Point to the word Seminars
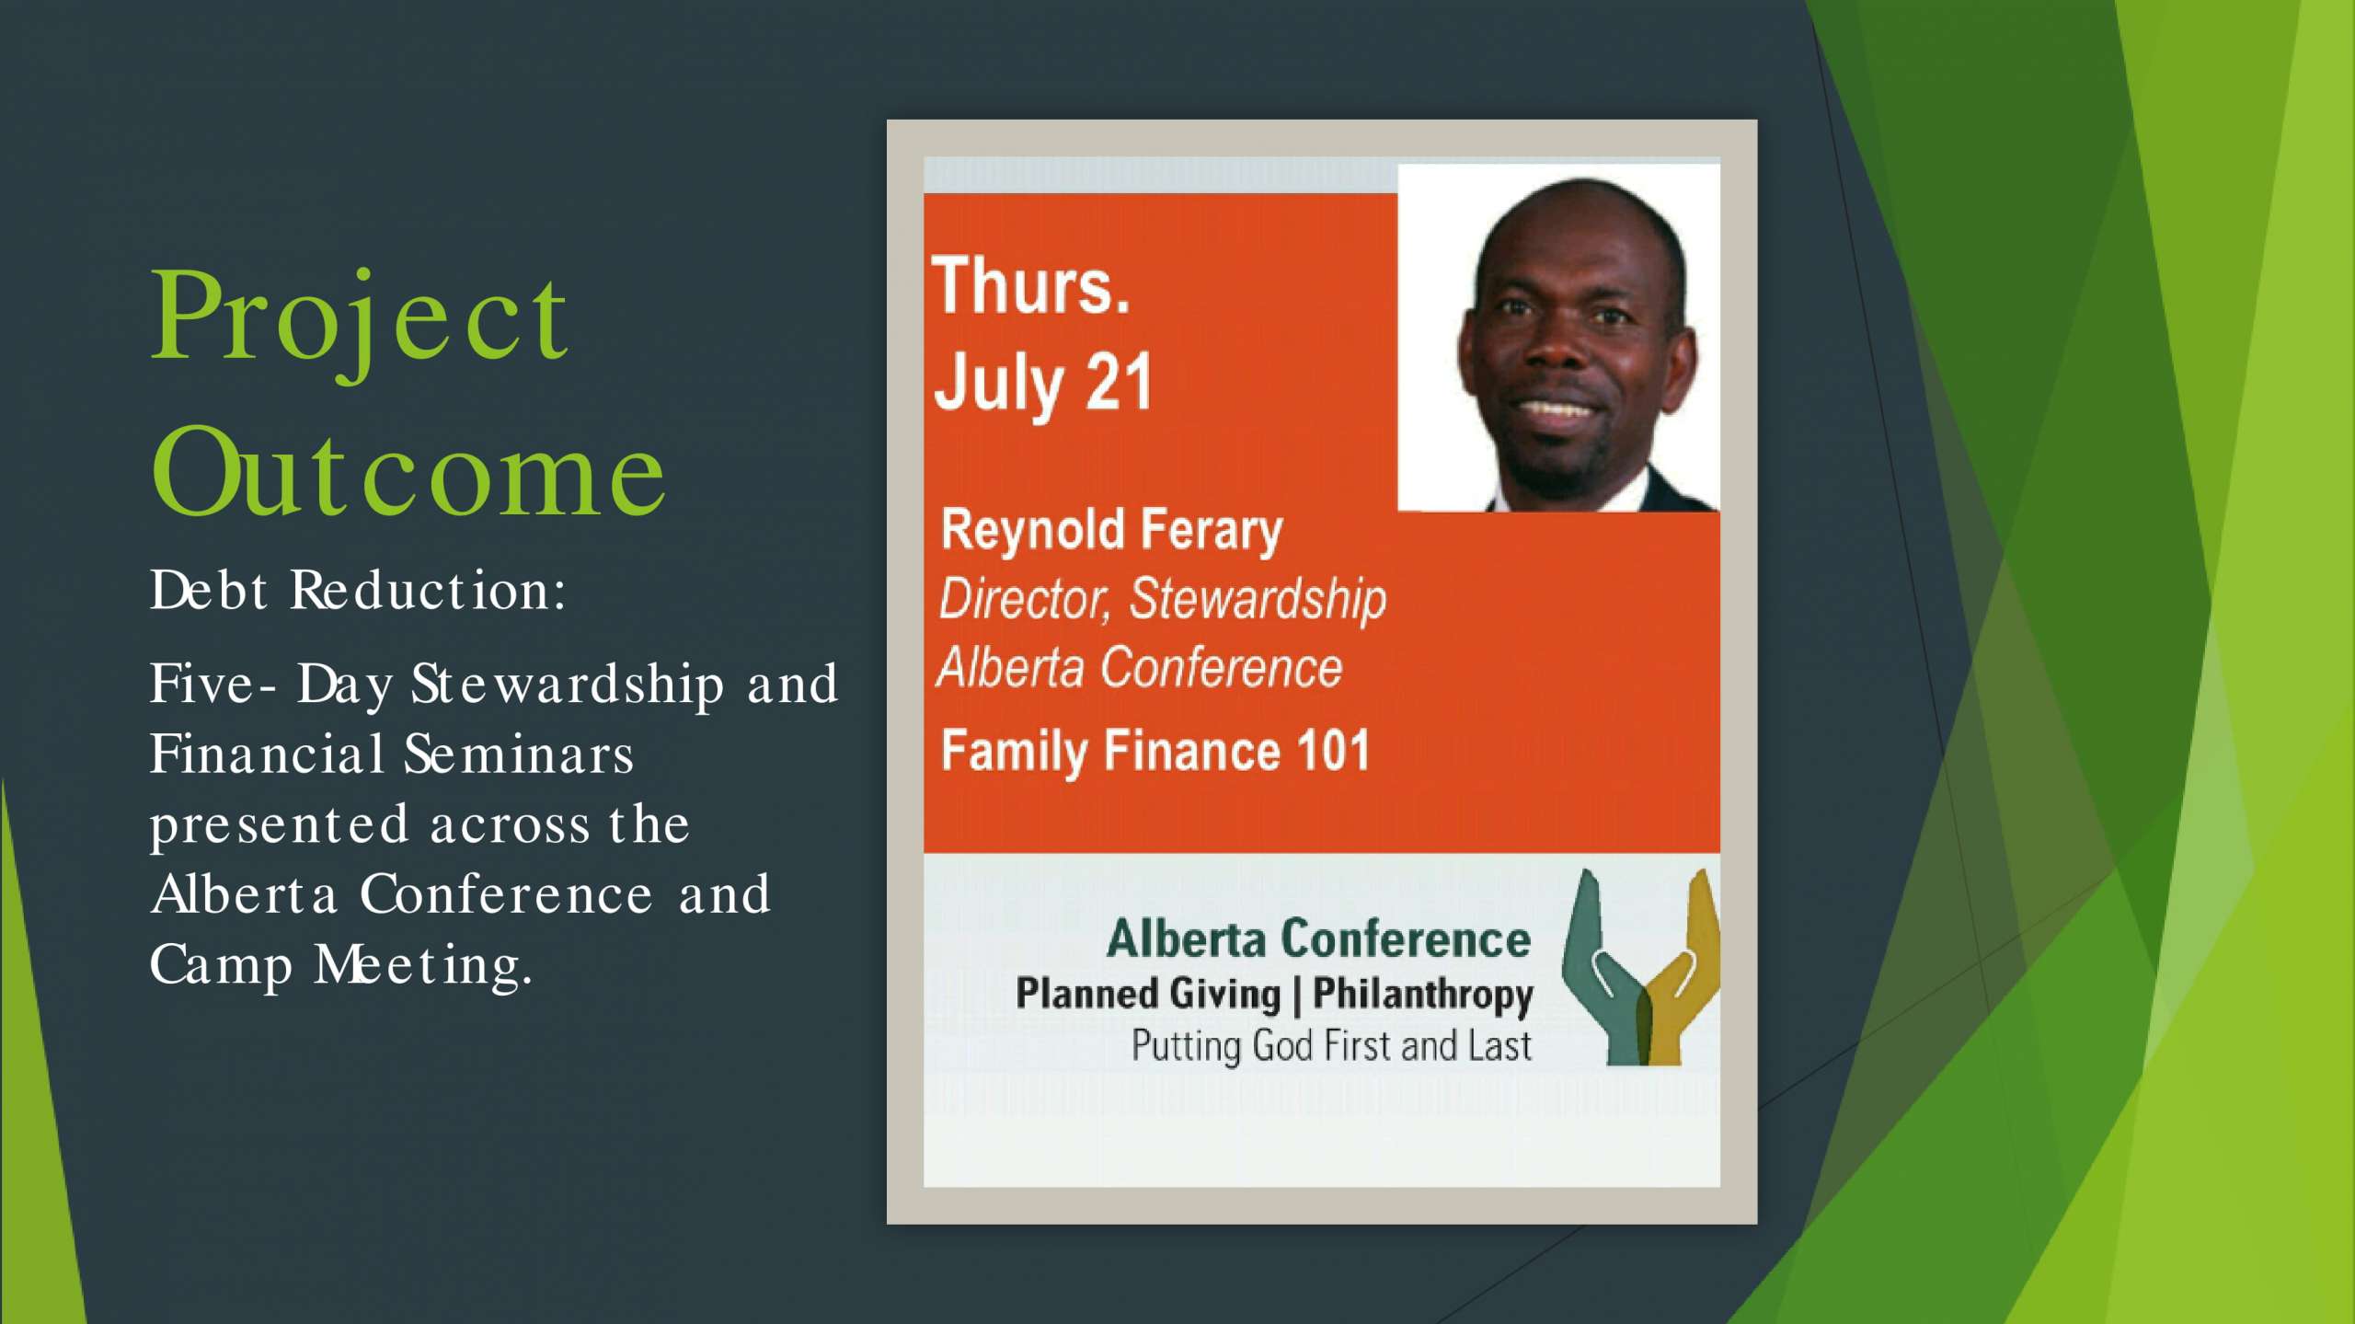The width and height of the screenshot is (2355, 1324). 519,754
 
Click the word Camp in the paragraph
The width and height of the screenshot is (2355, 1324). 221,966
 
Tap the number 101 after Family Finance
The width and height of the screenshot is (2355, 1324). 1333,750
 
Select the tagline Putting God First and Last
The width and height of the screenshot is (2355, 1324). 1331,1046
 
